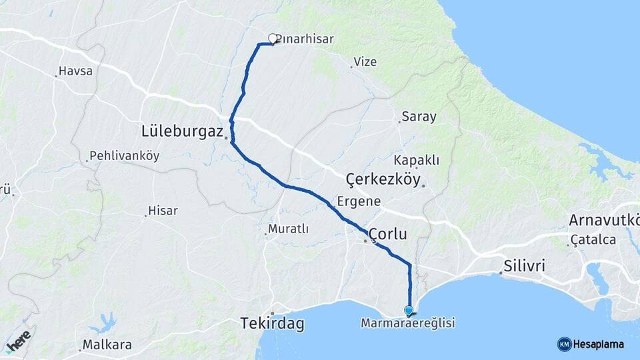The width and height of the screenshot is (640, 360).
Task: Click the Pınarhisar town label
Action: coord(305,39)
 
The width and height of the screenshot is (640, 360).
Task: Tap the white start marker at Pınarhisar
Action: coord(272,39)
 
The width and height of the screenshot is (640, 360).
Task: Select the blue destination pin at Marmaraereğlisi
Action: coord(409,310)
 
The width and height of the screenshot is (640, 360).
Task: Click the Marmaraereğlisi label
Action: coord(407,323)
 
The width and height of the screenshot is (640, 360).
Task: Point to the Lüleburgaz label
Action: coord(182,130)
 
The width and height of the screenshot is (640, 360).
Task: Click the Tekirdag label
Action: coord(272,324)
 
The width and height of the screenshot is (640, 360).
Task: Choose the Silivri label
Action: coord(525,266)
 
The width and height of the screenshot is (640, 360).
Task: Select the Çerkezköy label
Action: coord(383,179)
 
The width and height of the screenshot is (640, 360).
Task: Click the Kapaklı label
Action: coord(417,161)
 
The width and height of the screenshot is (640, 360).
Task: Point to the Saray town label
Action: coord(419,117)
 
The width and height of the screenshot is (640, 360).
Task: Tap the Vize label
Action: coord(365,62)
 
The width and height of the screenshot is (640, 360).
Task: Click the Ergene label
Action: coord(359,201)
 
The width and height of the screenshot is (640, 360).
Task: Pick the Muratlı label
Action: coord(288,229)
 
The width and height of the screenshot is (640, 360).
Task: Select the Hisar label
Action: coord(163,211)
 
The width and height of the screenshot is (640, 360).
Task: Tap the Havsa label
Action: coord(75,71)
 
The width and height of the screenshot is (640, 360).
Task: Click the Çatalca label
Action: coord(593,241)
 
